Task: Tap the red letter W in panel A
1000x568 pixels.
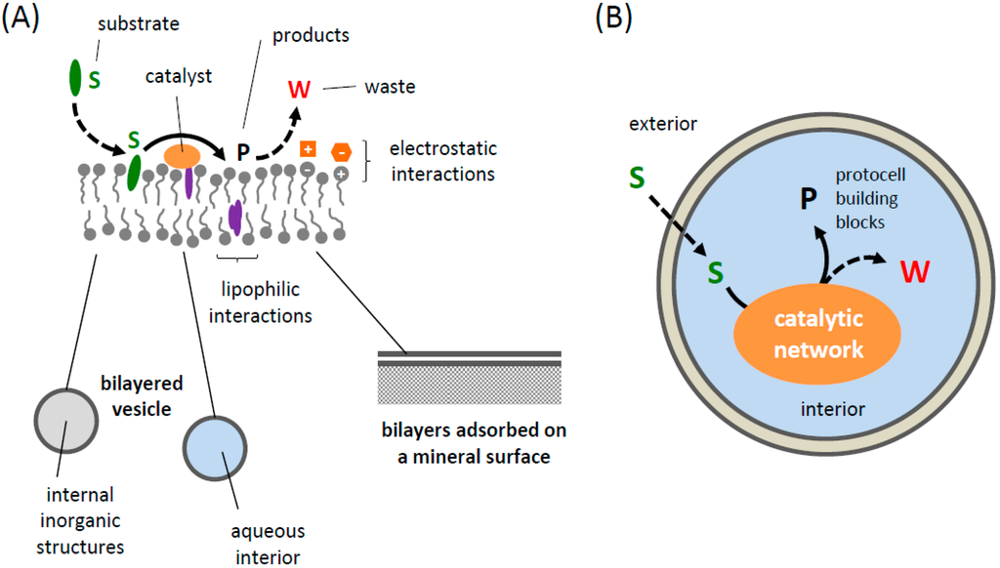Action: coord(299,90)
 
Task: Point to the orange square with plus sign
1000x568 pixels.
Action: coord(307,149)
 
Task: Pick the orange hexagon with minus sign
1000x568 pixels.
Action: coord(341,151)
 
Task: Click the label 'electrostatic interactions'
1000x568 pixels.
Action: coord(442,161)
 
